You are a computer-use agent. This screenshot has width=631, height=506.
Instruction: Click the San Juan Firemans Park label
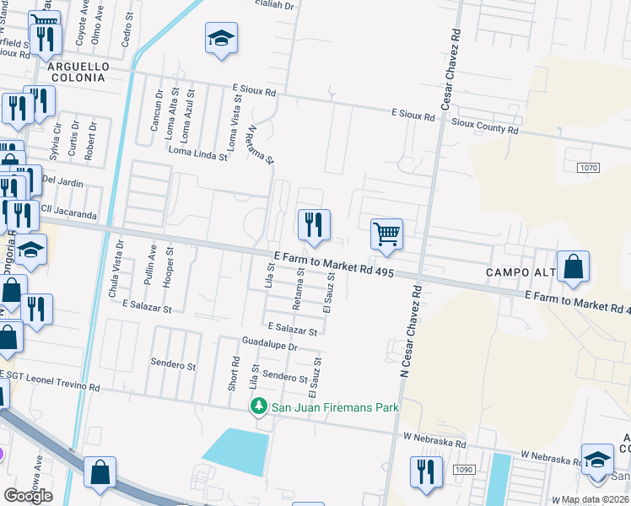[x=334, y=408]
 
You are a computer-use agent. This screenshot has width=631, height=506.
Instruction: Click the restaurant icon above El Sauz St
[x=313, y=224]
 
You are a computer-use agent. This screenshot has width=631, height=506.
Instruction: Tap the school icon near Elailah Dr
[x=221, y=38]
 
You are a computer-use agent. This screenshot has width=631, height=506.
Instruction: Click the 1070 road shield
[x=589, y=168]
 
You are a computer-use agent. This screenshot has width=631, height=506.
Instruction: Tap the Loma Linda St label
[x=198, y=154]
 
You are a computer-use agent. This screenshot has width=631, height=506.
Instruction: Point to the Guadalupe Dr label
[x=270, y=346]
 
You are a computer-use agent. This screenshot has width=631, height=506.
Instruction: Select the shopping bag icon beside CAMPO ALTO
[x=573, y=266]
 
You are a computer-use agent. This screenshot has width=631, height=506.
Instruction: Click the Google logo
[x=28, y=495]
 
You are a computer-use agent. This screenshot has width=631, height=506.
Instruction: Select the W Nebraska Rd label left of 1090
[x=434, y=441]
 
